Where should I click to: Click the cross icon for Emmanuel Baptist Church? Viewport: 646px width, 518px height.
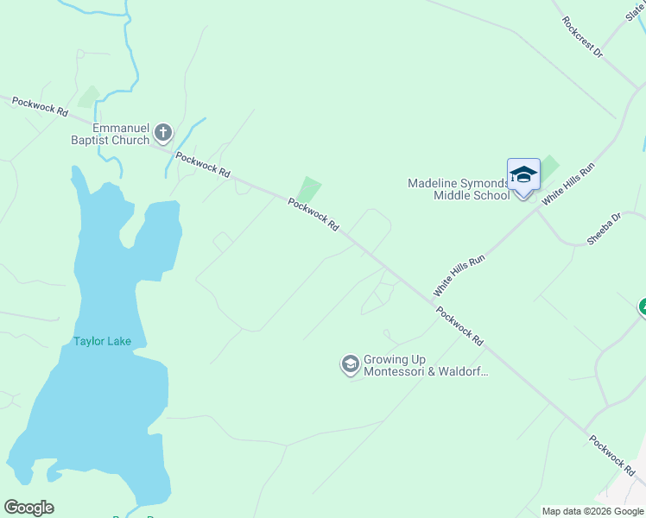(x=164, y=134)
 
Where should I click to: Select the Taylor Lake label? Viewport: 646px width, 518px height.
(x=102, y=341)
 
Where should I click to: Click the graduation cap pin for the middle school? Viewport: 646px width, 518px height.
(x=523, y=176)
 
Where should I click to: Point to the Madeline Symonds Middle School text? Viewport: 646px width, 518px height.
(x=459, y=189)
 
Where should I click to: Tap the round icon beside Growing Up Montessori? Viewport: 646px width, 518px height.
(x=350, y=365)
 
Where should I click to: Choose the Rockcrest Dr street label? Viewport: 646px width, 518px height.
(x=582, y=37)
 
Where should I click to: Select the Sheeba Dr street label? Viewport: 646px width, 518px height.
(x=604, y=230)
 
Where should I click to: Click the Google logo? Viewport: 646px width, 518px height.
(x=28, y=508)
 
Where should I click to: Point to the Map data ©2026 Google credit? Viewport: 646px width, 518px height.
(x=593, y=511)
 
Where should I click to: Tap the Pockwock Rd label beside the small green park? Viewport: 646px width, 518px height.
(x=313, y=215)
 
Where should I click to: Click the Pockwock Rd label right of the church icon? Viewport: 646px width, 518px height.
(x=203, y=165)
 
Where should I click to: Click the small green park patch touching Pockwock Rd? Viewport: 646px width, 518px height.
(x=309, y=189)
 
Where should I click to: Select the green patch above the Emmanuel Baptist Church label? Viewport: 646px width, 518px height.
(x=89, y=97)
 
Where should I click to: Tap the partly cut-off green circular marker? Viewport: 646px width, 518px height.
(x=642, y=306)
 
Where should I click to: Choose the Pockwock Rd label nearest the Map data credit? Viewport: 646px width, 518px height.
(x=612, y=455)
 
